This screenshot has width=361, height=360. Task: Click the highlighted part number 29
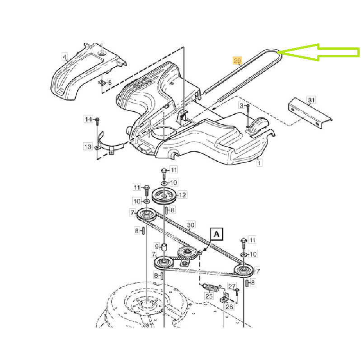[237, 61]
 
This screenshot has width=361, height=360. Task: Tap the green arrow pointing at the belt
[319, 52]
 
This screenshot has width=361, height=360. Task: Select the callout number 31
[311, 100]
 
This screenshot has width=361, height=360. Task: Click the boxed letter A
[217, 234]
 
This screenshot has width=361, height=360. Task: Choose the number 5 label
[110, 82]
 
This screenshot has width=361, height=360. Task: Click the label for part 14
[89, 119]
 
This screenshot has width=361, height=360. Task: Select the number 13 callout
[88, 147]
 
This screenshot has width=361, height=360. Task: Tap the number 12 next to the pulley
[183, 195]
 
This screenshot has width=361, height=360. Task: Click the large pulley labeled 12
[164, 196]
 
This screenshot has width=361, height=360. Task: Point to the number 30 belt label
[191, 225]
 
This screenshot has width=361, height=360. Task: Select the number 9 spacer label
[157, 247]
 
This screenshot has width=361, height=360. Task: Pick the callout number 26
[230, 306]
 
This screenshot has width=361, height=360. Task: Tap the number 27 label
[232, 286]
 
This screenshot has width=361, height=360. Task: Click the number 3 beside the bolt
[241, 105]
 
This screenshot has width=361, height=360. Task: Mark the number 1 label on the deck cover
[259, 163]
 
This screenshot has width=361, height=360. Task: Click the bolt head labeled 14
[97, 119]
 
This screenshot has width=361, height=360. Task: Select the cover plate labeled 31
[310, 113]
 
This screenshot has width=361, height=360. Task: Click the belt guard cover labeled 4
[89, 71]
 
